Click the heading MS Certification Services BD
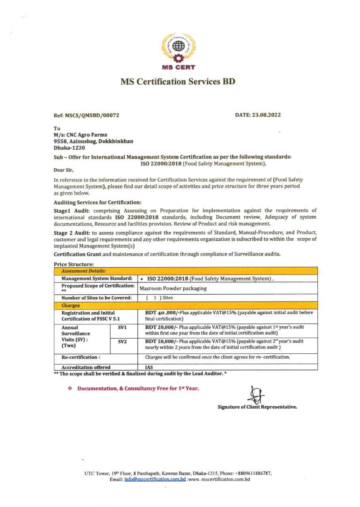(x=178, y=82)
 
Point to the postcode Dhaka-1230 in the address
(x=69, y=148)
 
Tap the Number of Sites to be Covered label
(x=97, y=298)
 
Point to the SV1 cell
(x=122, y=328)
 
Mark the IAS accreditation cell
(x=149, y=367)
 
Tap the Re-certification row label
(x=80, y=357)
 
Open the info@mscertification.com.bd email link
(x=155, y=479)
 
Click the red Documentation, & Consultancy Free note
(x=138, y=389)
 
